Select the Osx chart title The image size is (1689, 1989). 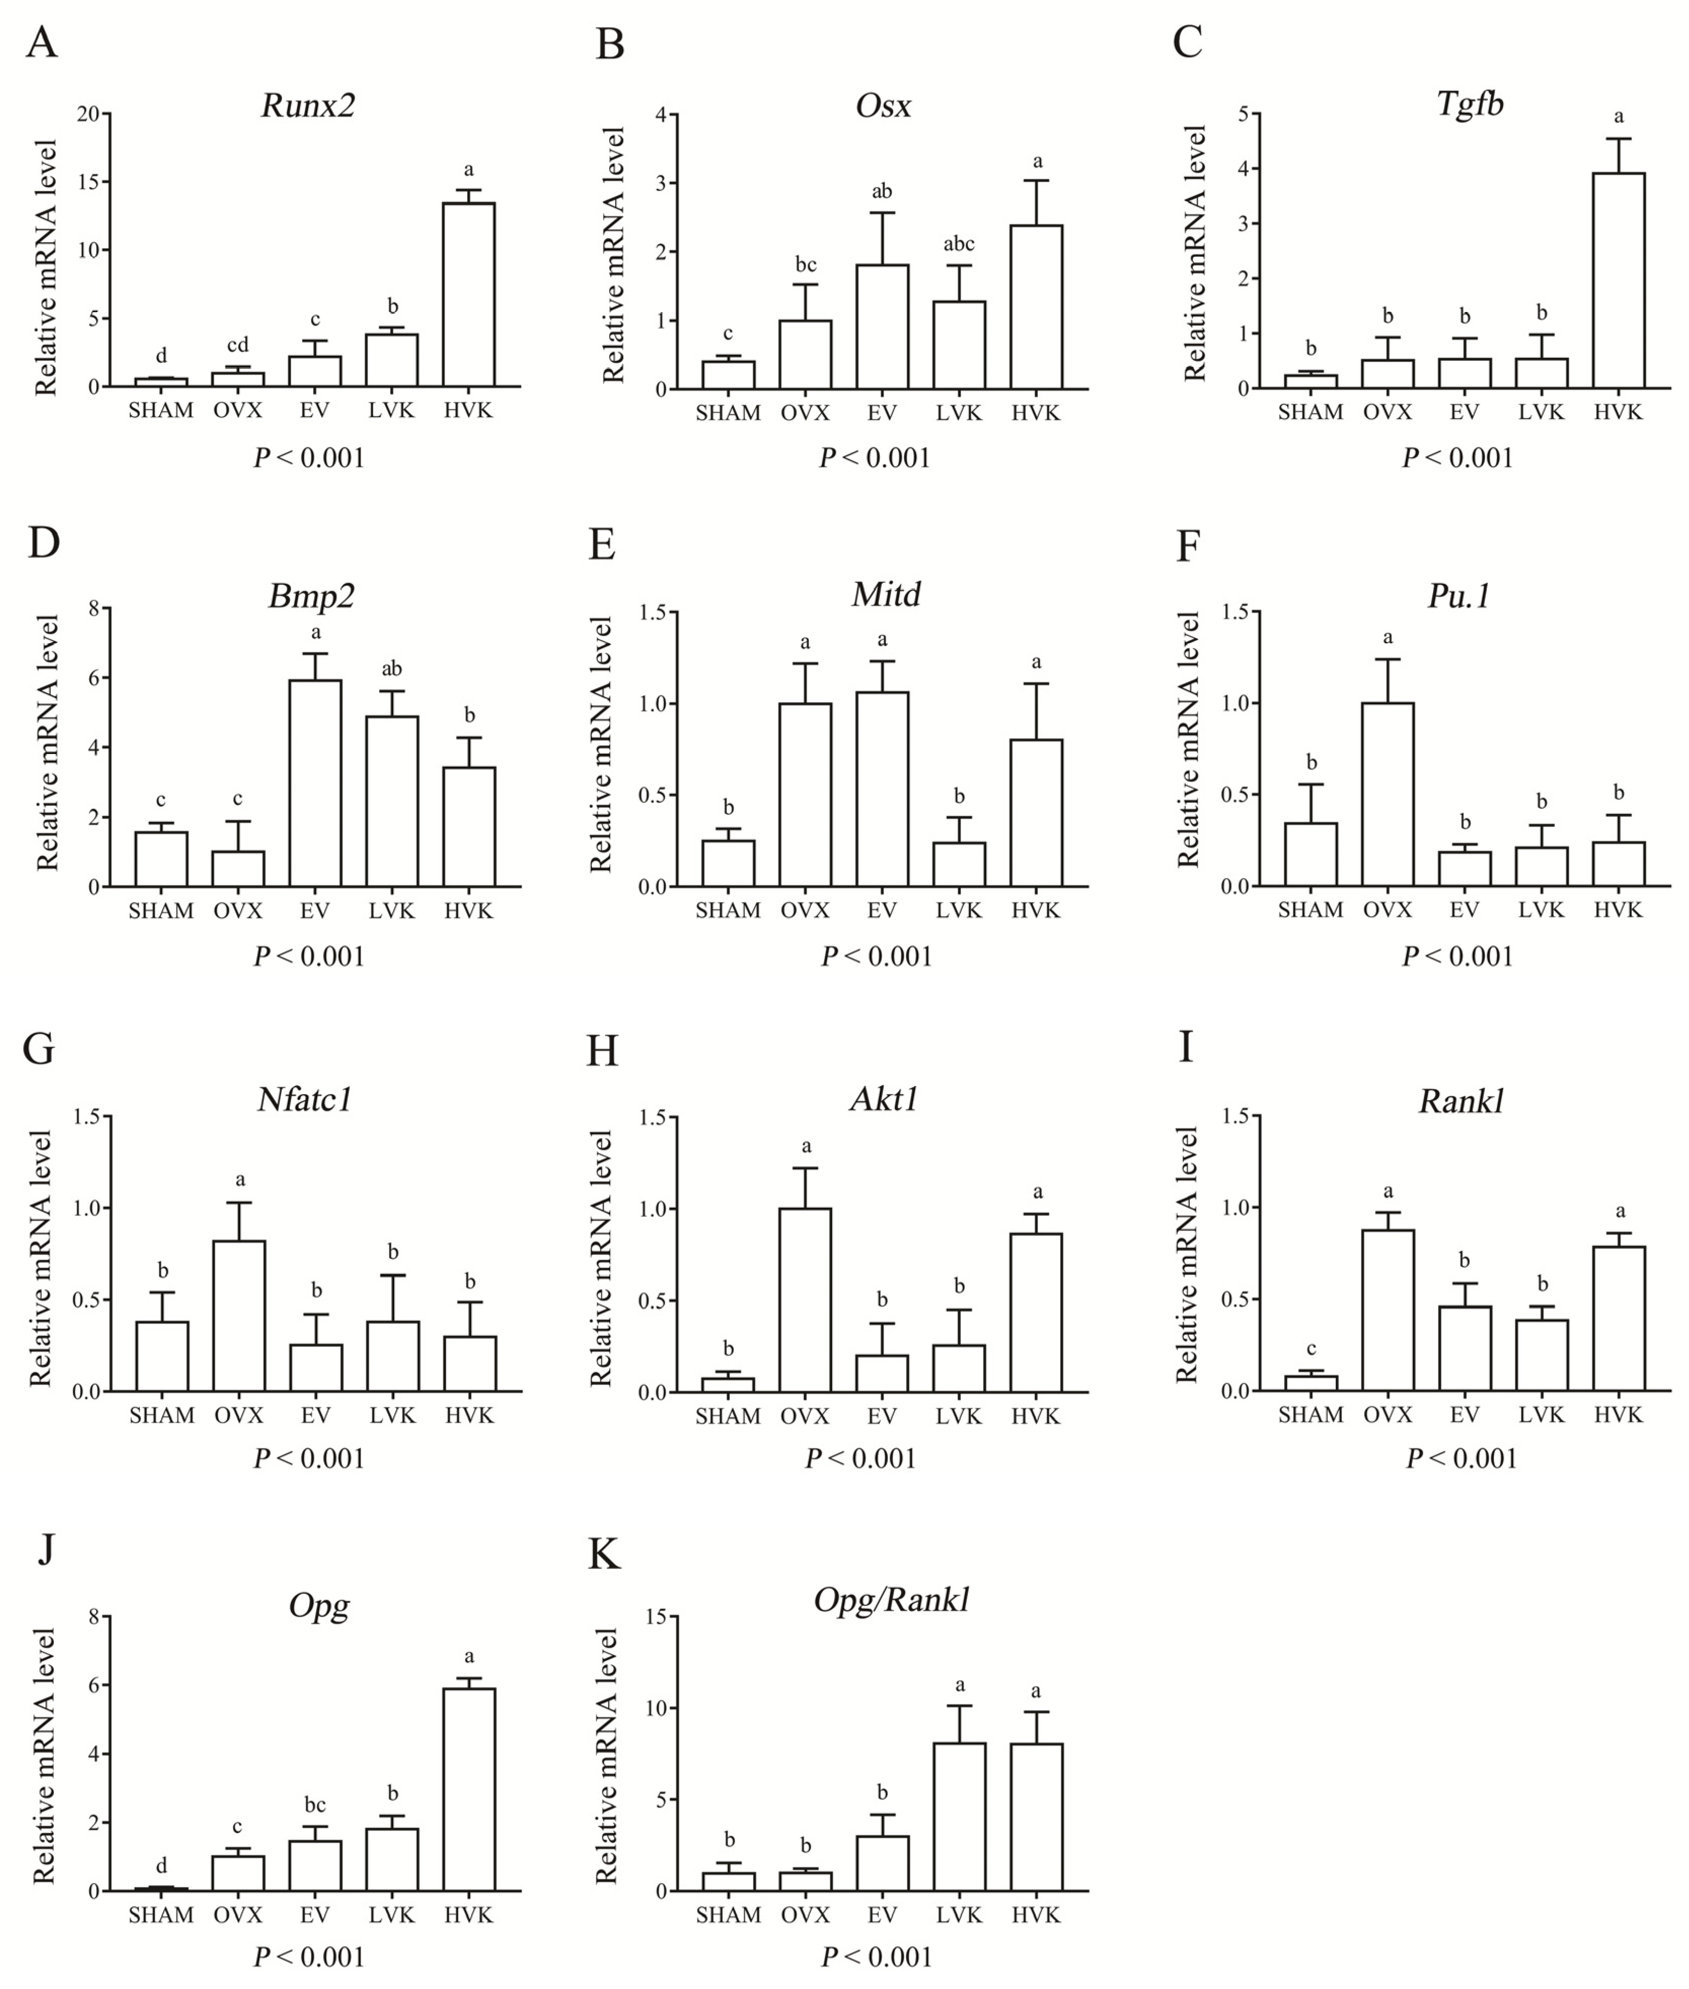point(883,105)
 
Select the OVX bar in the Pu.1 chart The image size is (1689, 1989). point(1387,794)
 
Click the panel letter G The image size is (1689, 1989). point(39,1048)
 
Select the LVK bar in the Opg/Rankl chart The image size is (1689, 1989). point(958,1816)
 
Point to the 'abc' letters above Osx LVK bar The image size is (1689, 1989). point(958,244)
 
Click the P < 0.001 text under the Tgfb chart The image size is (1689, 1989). point(1457,458)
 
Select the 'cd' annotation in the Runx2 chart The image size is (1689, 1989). point(238,345)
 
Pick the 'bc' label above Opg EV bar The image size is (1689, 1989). point(315,1805)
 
